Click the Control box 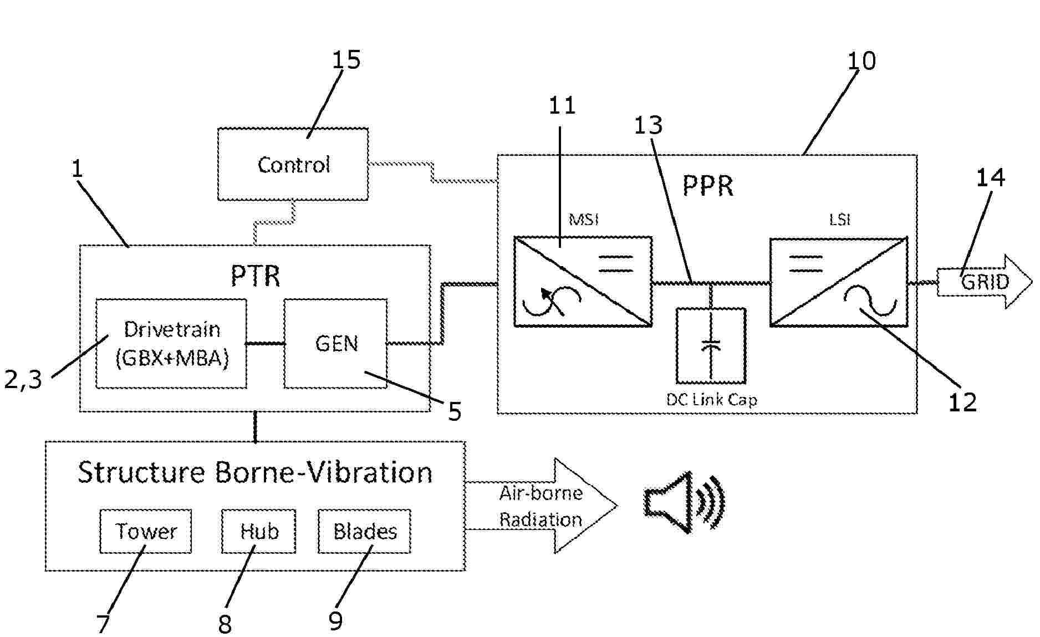click(293, 164)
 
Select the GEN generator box click(335, 344)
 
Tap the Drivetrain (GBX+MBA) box click(171, 344)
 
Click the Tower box click(146, 531)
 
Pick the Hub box click(258, 531)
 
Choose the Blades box click(364, 531)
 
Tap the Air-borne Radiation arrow click(541, 506)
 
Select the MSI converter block click(583, 282)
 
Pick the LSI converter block click(839, 282)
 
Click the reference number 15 click(346, 59)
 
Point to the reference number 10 click(861, 60)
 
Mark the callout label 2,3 click(23, 380)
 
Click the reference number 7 click(104, 623)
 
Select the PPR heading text click(707, 186)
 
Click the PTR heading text click(255, 276)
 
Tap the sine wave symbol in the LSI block click(870, 300)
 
